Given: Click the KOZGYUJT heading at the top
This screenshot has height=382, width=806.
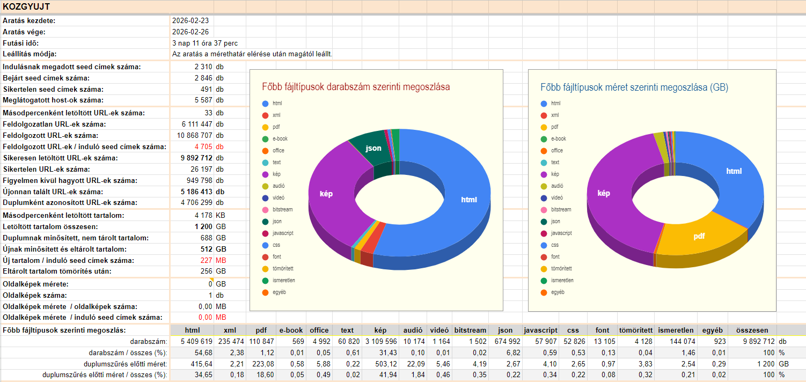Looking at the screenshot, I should (27, 6).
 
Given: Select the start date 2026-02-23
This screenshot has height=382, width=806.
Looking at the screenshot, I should (190, 21).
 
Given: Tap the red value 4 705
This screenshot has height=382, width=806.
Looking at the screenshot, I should (204, 146).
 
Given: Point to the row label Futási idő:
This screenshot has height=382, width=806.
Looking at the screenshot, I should (21, 43).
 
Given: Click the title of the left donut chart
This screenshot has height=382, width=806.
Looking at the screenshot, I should (356, 86).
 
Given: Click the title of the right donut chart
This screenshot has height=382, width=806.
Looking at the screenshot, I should (634, 87).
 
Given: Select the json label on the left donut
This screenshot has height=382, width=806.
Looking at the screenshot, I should (374, 148).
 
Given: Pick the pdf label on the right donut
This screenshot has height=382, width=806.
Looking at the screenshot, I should (699, 236).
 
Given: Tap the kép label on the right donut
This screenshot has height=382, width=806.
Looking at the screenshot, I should (604, 193).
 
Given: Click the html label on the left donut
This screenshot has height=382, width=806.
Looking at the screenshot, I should (469, 200).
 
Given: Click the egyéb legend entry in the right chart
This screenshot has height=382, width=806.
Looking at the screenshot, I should (558, 292).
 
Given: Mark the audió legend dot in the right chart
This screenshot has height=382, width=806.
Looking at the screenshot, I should (544, 186).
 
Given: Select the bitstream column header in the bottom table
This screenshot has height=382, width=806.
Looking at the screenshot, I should (470, 330).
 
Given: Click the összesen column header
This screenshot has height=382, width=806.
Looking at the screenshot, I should (752, 330).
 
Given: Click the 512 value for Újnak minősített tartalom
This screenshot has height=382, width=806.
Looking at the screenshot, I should (207, 249).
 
